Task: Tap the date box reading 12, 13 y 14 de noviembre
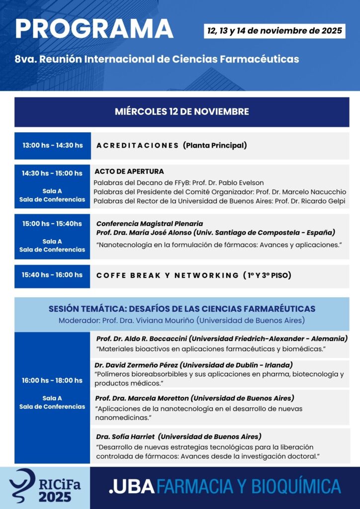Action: pyautogui.click(x=275, y=31)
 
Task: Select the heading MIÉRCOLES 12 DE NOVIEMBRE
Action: pyautogui.click(x=181, y=112)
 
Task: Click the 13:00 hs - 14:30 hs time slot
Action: pyautogui.click(x=52, y=146)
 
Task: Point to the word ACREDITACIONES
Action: pyautogui.click(x=138, y=146)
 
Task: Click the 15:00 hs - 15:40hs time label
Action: pyautogui.click(x=52, y=224)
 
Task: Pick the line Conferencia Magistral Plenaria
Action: pyautogui.click(x=149, y=224)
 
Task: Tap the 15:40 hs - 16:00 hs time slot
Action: pyautogui.click(x=52, y=275)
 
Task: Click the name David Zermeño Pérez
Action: pyautogui.click(x=133, y=365)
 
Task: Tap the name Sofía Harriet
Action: pyautogui.click(x=130, y=436)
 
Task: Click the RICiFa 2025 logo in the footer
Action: pyautogui.click(x=45, y=487)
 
